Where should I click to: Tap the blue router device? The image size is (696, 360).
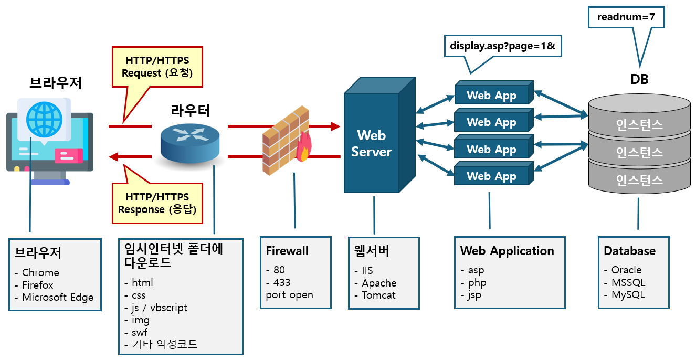[x=189, y=142]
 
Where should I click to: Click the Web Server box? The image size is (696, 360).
[x=372, y=143]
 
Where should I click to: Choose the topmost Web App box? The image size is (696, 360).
[x=491, y=95]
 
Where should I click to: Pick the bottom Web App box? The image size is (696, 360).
[x=491, y=176]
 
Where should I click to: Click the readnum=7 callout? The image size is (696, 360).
[x=626, y=17]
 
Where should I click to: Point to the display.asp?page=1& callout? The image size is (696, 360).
[x=502, y=47]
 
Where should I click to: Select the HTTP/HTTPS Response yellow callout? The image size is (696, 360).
[x=156, y=204]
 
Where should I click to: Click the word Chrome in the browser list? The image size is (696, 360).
[x=40, y=272]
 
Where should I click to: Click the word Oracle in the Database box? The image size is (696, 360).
[x=626, y=270]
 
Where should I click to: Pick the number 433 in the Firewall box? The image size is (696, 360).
[x=282, y=282]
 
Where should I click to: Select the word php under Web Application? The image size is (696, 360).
[x=477, y=282]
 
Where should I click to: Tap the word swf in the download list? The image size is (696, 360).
[x=140, y=332]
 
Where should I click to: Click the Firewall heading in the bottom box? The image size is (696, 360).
[x=287, y=251]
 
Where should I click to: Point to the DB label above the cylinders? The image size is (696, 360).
[x=639, y=79]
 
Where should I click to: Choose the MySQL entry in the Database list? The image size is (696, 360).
[x=628, y=294]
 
